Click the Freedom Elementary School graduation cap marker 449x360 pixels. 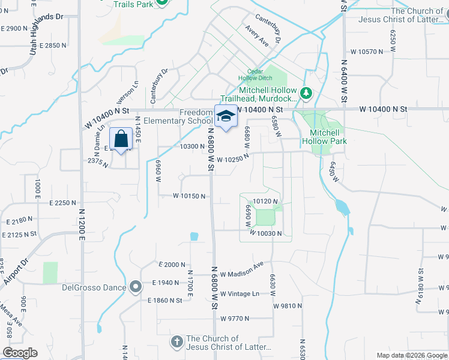click(226, 116)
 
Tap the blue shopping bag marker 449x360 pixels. click(121, 139)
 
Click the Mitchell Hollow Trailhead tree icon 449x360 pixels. click(306, 93)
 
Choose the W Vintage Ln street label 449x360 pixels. click(240, 294)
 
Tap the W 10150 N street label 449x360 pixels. click(189, 196)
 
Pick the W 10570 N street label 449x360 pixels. click(364, 52)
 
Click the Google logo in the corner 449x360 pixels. click(20, 353)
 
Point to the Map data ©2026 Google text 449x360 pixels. click(412, 355)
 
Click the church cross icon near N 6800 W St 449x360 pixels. click(176, 342)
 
